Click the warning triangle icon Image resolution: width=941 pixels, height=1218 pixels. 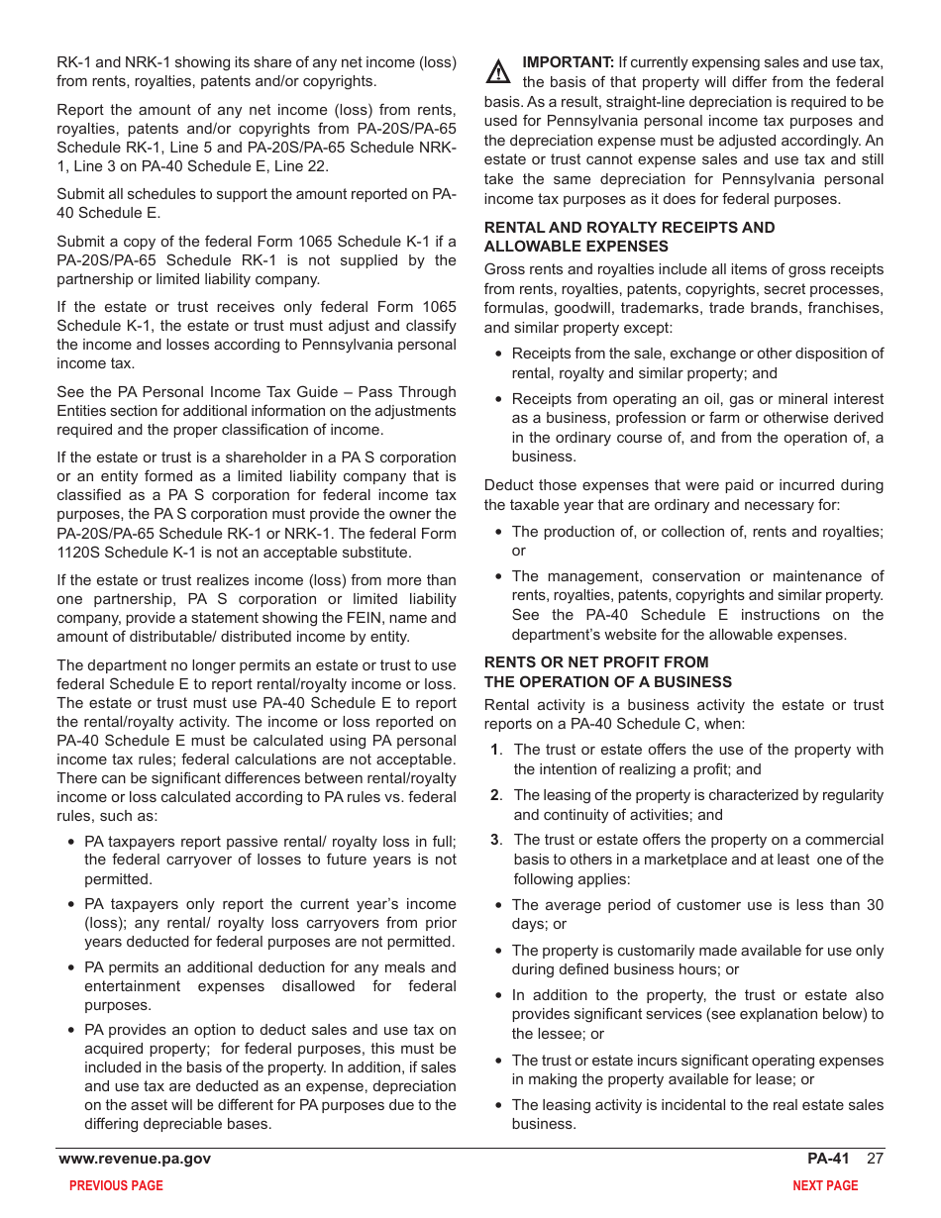[498, 72]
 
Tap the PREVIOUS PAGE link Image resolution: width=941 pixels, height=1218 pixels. [116, 1185]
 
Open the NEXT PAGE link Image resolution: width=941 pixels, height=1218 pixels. [825, 1185]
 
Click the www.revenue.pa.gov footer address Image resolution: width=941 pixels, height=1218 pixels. [135, 1159]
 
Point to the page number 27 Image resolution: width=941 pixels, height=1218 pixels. [875, 1159]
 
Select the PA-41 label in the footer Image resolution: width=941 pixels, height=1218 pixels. [828, 1159]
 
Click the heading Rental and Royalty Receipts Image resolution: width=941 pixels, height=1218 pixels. [629, 228]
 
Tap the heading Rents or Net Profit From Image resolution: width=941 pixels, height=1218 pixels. [596, 662]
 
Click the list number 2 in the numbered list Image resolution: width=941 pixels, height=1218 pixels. [495, 795]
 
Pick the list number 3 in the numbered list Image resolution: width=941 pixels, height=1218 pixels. [495, 840]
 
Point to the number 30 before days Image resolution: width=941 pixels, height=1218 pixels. [874, 905]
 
